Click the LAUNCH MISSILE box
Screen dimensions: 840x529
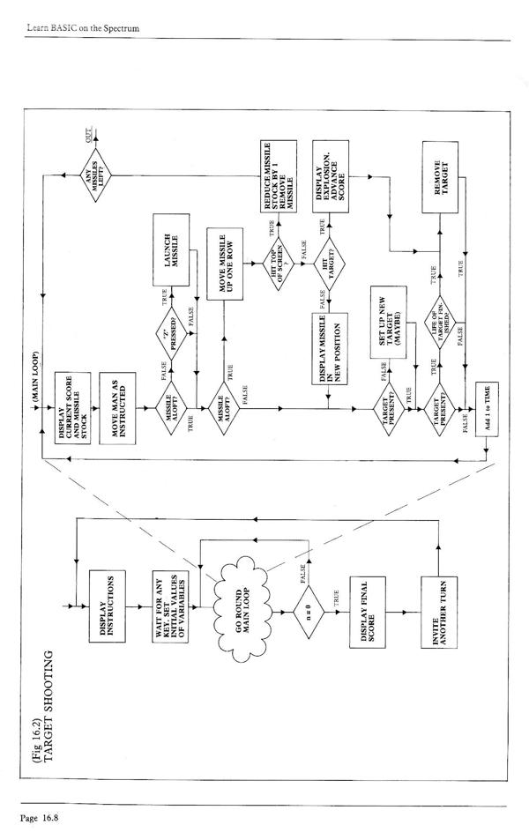click(x=175, y=239)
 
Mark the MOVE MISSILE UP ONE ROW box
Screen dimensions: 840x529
click(x=231, y=239)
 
